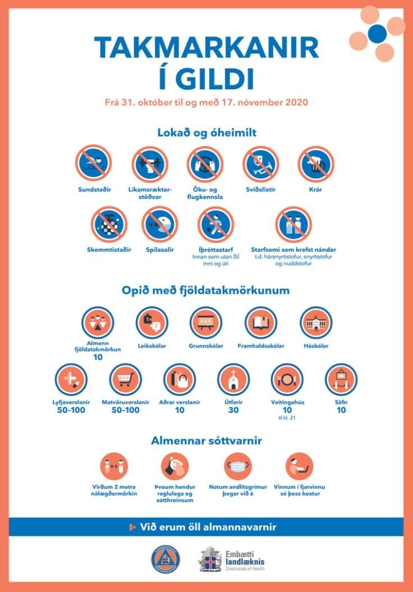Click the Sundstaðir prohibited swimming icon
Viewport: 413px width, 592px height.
(x=94, y=163)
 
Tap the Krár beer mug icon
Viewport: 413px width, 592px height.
(x=316, y=163)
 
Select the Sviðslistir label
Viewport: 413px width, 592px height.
(x=260, y=190)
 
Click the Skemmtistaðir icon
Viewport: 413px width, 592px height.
(x=109, y=224)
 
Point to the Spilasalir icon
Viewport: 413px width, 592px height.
(x=159, y=224)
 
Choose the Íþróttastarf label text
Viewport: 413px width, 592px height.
(x=215, y=249)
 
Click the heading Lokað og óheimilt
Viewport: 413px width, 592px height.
(x=207, y=133)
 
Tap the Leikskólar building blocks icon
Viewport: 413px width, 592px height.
(x=152, y=322)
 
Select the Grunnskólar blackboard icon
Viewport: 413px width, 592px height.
(x=206, y=322)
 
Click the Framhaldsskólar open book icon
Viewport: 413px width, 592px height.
(x=261, y=322)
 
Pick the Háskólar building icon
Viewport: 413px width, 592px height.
(x=316, y=322)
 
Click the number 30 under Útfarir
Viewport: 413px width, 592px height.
(x=234, y=411)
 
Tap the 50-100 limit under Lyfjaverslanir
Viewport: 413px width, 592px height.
(x=71, y=411)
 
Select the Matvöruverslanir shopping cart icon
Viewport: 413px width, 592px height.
(x=125, y=379)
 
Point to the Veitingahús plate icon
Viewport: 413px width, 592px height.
(x=287, y=379)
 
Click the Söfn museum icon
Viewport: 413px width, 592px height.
(x=341, y=379)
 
